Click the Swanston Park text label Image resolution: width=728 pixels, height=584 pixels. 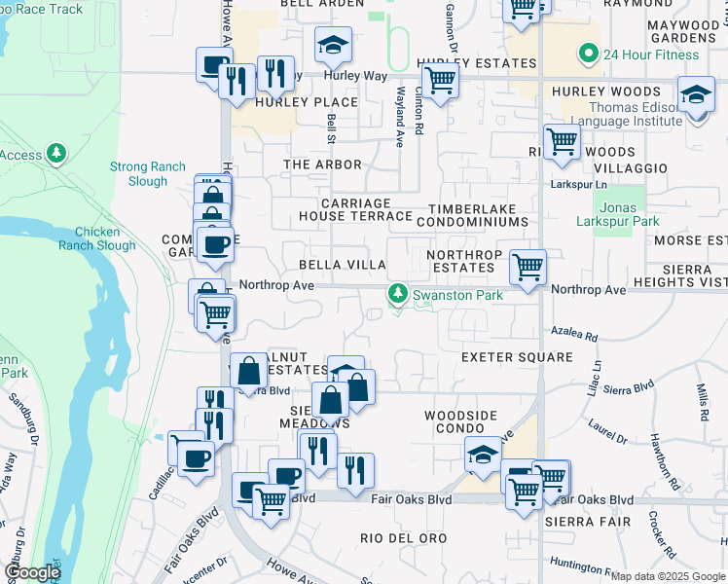pos(456,294)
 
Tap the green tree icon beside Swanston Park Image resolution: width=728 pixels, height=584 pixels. pos(397,293)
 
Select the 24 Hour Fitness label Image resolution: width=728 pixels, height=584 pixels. pos(651,54)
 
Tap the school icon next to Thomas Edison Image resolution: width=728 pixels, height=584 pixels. pos(695,94)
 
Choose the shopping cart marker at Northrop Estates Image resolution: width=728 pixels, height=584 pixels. pos(528,265)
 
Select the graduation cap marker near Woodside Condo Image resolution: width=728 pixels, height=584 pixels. pos(484,454)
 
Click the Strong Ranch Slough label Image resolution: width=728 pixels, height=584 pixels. pos(147,174)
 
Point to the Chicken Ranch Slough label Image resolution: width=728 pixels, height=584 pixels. pos(97,238)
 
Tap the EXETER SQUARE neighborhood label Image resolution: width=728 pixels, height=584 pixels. pos(517,357)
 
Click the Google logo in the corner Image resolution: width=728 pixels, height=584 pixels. pos(31,572)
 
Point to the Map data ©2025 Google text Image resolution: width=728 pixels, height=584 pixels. pos(668,576)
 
